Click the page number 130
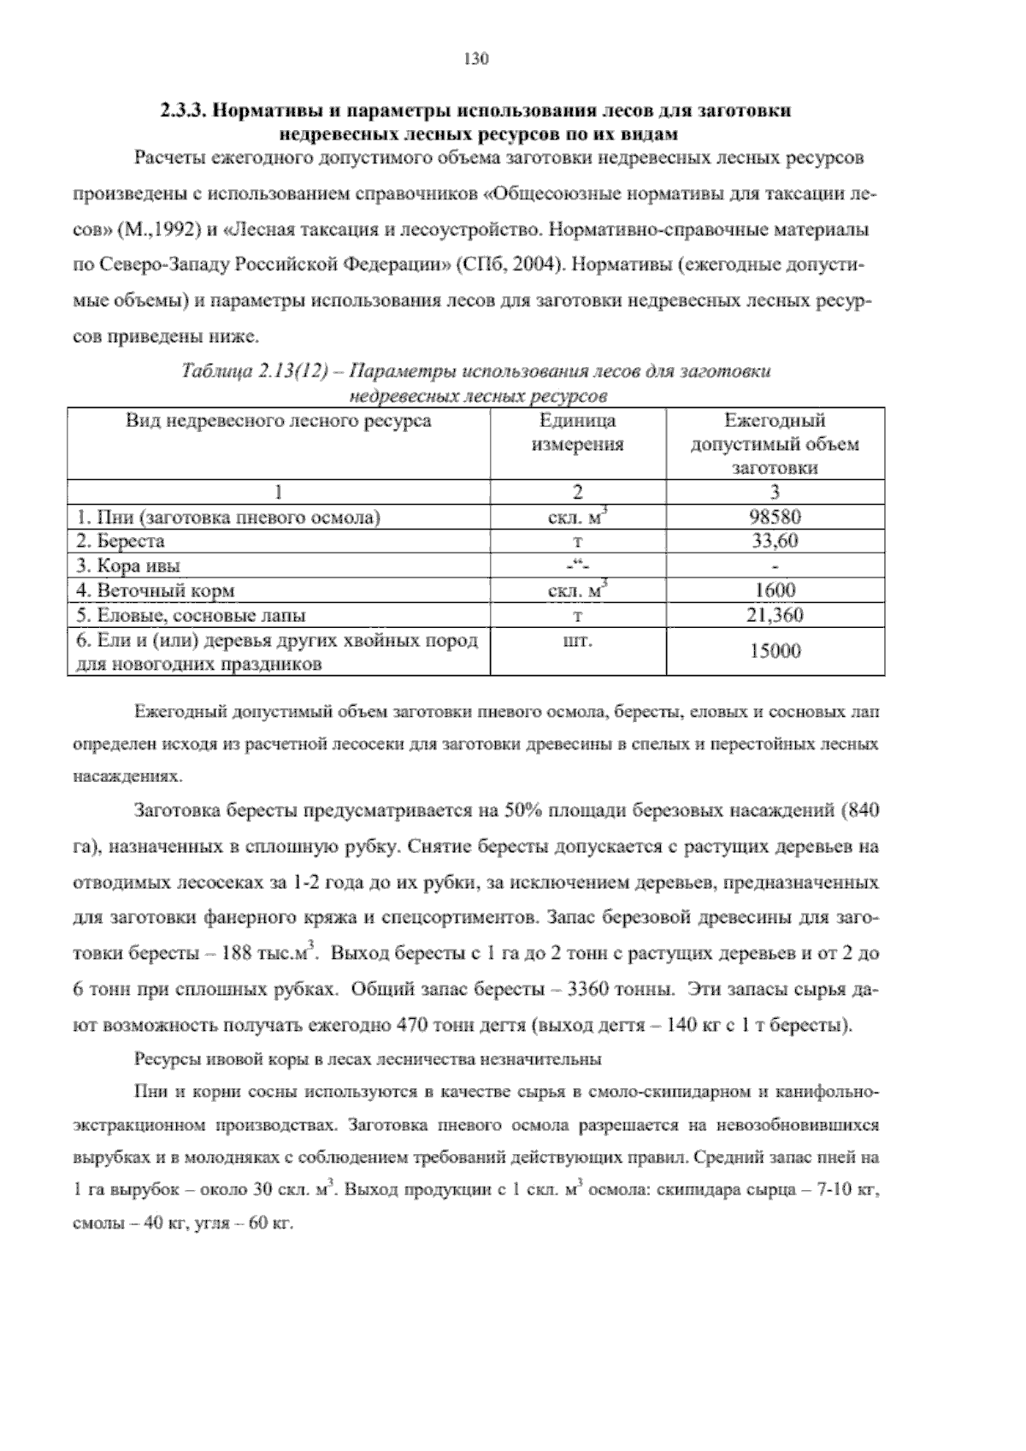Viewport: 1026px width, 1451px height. point(475,59)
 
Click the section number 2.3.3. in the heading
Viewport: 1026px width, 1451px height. point(184,111)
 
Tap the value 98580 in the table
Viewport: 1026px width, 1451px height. point(775,517)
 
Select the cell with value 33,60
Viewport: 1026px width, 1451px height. point(775,541)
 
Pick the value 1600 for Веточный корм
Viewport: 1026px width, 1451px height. point(775,590)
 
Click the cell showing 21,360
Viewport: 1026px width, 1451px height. point(775,614)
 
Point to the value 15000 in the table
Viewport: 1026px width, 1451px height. point(775,651)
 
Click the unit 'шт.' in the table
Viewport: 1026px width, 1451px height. point(578,640)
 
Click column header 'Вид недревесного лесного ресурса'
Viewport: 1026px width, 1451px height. point(279,421)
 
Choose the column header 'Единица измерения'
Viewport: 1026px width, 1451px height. point(578,432)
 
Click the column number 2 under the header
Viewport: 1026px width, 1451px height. point(578,492)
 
